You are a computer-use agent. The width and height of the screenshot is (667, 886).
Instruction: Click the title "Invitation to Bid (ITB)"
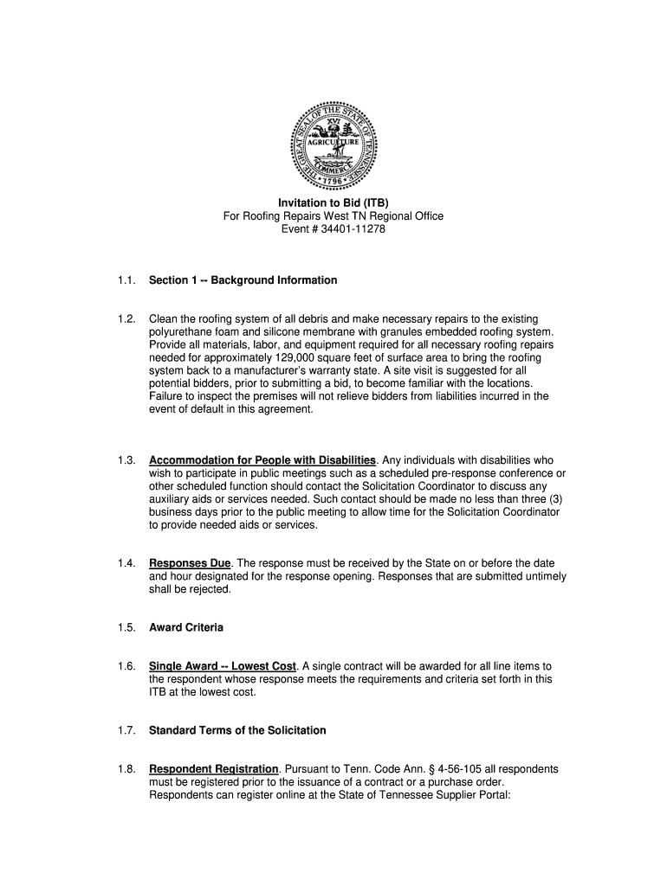333,203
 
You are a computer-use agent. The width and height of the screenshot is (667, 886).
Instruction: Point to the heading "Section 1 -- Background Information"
243,280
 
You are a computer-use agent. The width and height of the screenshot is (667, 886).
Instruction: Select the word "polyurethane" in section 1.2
183,332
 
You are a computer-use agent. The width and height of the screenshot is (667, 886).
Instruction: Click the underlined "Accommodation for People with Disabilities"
262,460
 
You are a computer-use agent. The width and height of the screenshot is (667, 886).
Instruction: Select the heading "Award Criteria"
186,627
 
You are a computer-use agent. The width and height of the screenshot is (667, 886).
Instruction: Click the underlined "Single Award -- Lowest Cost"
223,666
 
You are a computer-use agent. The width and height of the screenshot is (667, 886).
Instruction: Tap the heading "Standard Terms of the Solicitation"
237,730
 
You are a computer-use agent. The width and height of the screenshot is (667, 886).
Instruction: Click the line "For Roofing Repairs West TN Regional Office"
333,216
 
